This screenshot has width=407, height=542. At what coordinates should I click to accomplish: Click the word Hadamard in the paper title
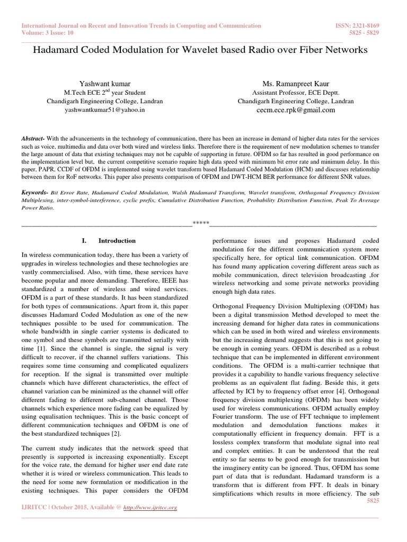58,50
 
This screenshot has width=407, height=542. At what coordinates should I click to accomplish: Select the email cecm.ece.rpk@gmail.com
296,110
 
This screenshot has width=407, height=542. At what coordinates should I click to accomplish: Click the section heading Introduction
117,240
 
